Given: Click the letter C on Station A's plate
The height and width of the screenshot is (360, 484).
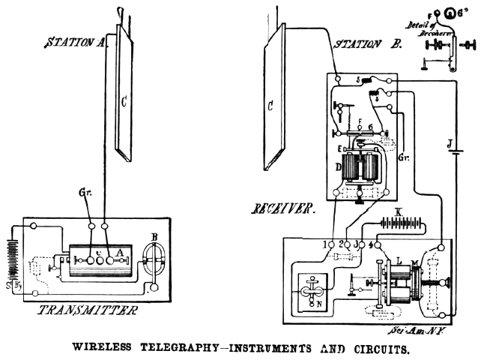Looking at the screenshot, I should click(x=124, y=97).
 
